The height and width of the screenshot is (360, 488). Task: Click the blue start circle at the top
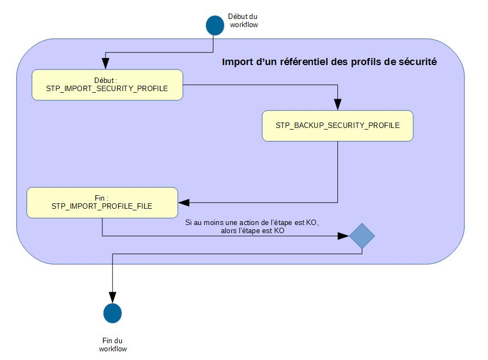(x=214, y=24)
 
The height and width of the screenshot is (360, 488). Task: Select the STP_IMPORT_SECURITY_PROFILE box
(x=107, y=85)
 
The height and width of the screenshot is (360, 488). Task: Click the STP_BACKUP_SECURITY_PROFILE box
(x=337, y=126)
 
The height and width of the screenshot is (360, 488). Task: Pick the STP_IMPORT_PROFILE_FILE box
(x=102, y=203)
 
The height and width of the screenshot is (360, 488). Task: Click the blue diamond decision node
(x=361, y=236)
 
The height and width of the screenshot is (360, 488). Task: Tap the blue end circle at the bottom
(x=112, y=313)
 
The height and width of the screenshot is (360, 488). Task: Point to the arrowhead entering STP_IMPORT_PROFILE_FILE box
(x=183, y=203)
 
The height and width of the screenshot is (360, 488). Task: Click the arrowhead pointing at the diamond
(x=343, y=236)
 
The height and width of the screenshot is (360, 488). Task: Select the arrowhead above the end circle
(x=112, y=297)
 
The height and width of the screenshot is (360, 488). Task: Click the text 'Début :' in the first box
(x=107, y=80)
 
